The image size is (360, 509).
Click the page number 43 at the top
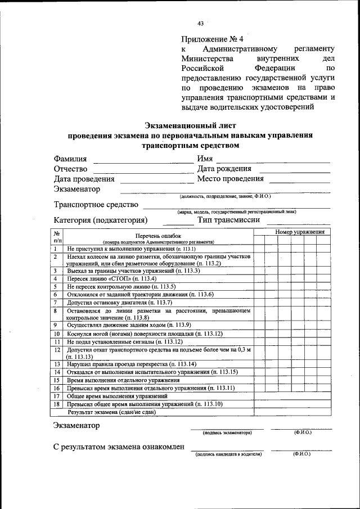200,23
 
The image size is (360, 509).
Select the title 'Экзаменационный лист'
190,125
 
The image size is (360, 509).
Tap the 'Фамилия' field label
70,159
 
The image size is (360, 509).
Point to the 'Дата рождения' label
224,169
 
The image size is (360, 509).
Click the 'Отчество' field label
70,169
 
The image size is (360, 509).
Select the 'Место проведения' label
230,179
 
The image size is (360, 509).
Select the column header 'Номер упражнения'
299,232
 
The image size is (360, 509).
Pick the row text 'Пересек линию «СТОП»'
111,278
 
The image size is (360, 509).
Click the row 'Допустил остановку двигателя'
115,302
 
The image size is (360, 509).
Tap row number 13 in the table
57,364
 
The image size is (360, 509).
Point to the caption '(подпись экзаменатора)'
227,432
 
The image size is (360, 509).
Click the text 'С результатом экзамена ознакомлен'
119,447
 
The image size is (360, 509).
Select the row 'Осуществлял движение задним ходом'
129,325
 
